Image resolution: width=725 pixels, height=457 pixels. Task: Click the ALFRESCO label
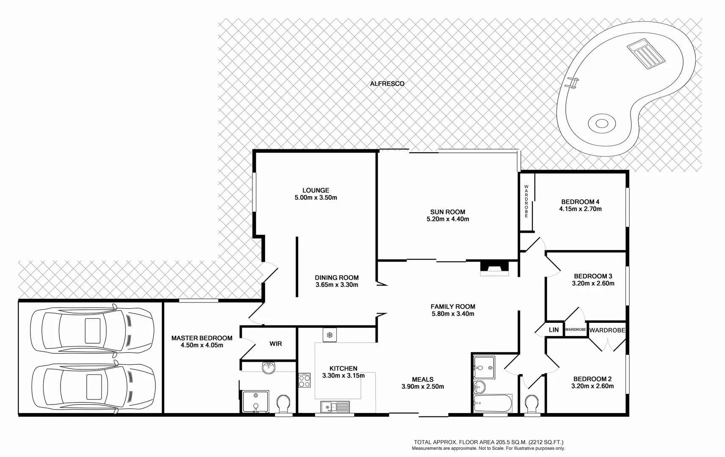point(387,84)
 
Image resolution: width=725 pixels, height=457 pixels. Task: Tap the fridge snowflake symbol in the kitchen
point(329,335)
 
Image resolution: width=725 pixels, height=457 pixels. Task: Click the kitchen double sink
point(335,407)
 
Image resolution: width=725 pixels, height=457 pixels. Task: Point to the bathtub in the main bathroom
point(493,403)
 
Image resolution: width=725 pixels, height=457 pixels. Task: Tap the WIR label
point(276,344)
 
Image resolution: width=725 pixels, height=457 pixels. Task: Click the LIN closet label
point(553,330)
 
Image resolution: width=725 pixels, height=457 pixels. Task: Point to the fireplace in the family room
point(494,268)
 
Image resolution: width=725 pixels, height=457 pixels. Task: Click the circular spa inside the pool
point(601,124)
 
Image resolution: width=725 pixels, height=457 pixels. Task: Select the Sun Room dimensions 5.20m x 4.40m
point(448,219)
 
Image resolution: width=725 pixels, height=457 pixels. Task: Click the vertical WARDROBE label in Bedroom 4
point(526,201)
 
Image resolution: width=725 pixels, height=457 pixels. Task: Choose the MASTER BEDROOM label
point(202,338)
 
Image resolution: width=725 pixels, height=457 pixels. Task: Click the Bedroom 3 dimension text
point(593,284)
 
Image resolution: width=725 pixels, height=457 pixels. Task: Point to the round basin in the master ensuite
point(268,368)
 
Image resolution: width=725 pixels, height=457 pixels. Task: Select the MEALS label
point(423,380)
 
